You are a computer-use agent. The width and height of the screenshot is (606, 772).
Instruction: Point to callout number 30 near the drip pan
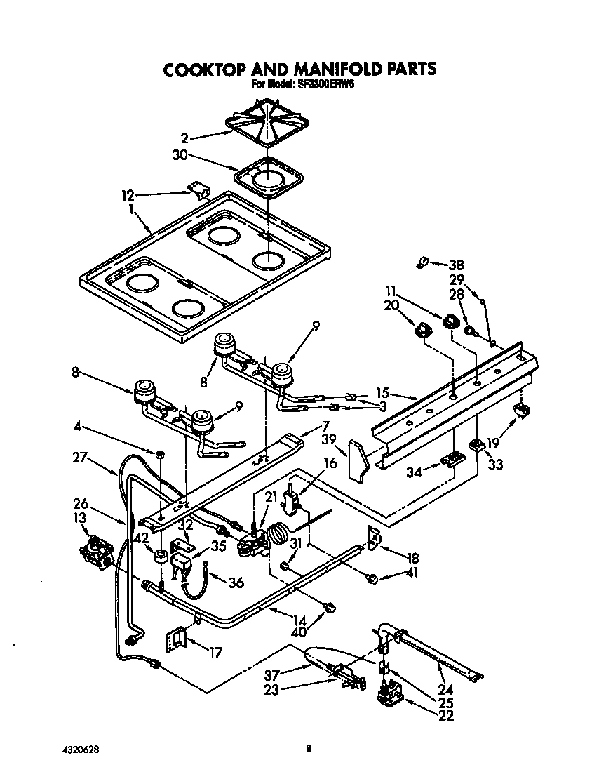point(180,156)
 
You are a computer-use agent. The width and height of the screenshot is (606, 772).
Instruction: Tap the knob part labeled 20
point(422,329)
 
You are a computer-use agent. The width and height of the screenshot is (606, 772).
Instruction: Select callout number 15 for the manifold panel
point(382,394)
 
